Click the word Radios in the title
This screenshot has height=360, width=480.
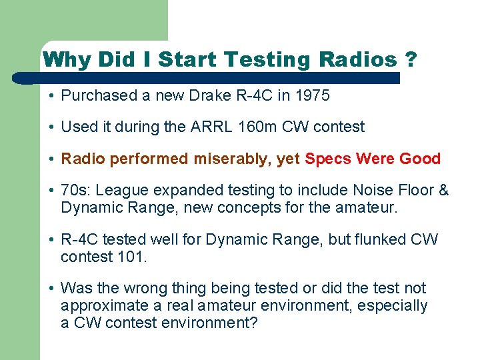click(358, 60)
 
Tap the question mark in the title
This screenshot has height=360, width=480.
click(411, 60)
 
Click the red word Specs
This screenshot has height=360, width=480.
click(327, 159)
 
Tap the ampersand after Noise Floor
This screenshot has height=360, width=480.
click(443, 191)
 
